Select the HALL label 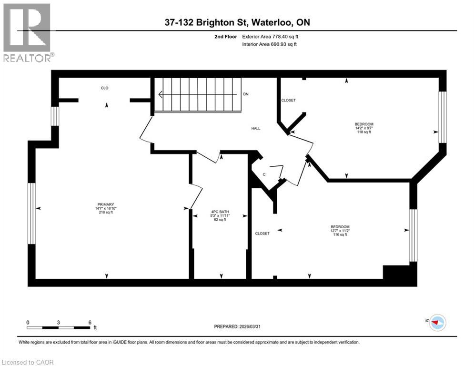pos(256,128)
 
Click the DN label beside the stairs pos(246,94)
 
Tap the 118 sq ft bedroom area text pos(363,132)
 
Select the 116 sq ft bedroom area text pos(340,234)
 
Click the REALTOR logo pos(28,32)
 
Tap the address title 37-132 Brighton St pos(237,22)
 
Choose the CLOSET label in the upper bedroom pos(288,101)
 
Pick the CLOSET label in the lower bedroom pos(262,234)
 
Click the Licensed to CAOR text pos(28,362)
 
